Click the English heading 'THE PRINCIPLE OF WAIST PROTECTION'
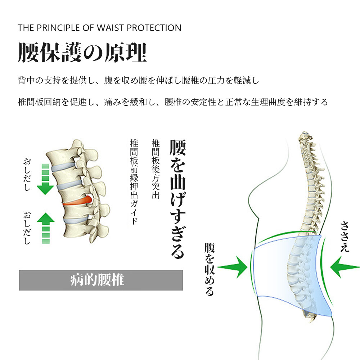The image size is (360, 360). pos(99,28)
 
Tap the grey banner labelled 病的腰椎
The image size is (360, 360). pos(101,280)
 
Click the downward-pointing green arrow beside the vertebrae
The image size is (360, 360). pos(46,180)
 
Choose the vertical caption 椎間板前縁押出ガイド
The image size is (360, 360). pos(134,182)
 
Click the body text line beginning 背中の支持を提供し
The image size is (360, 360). pos(138,80)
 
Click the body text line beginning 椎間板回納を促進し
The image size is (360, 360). pos(173,102)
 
